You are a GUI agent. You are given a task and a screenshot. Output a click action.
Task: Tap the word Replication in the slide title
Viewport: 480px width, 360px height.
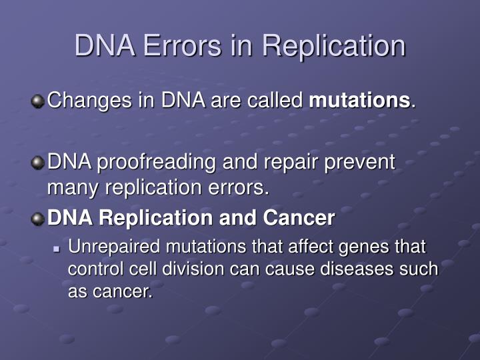[333, 46]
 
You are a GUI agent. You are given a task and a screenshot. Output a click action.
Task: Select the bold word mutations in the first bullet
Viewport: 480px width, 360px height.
[360, 101]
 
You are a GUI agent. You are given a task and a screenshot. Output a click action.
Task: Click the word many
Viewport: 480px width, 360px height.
[70, 189]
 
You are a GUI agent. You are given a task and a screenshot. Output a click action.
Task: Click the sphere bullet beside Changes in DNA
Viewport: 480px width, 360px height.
[38, 101]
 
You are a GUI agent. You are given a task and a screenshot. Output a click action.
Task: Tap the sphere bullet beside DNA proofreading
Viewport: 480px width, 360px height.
[38, 163]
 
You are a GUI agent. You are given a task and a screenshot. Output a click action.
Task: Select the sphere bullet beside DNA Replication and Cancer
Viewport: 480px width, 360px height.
[38, 218]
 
